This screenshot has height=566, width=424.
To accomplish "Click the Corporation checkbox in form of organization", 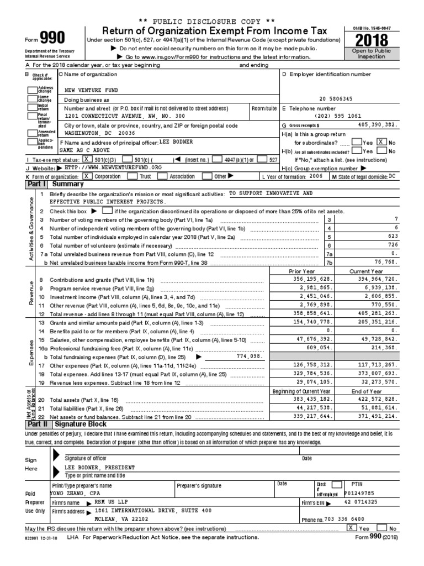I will [x=87, y=176].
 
